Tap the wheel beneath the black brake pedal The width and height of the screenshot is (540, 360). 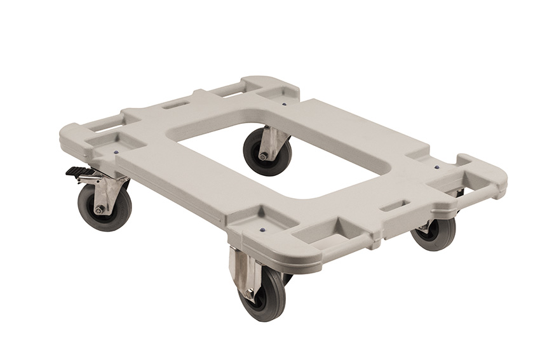tap(104, 207)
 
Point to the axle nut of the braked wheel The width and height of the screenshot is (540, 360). tap(99, 210)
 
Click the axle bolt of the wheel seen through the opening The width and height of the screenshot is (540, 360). tap(262, 156)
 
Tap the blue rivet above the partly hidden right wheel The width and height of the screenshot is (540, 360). tap(436, 168)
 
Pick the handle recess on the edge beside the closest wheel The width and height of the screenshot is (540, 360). tap(321, 237)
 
